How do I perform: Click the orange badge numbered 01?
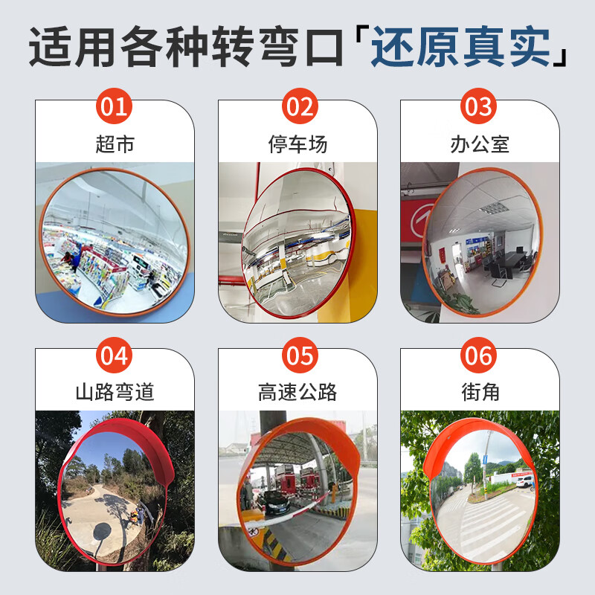pos(115,107)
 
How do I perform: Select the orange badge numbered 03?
pos(480,107)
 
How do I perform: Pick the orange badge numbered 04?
pos(115,356)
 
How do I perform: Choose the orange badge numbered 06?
pos(480,356)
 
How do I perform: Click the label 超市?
pos(115,144)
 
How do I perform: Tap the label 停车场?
pos(297,144)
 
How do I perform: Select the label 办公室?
pos(480,144)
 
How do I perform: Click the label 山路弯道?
pos(115,392)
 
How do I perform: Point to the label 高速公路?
pos(297,392)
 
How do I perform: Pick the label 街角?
pos(480,392)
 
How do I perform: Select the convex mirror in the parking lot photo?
pos(297,245)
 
